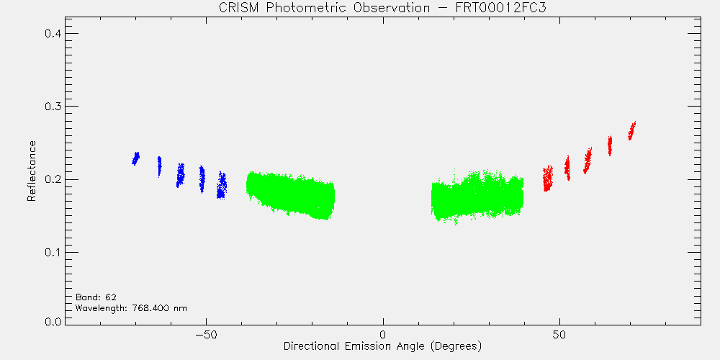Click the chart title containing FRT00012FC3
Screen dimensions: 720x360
(x=382, y=8)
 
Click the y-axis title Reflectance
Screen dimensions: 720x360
(x=31, y=171)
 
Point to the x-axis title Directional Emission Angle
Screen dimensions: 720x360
(x=382, y=346)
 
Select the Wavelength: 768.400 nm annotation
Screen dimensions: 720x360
(x=131, y=307)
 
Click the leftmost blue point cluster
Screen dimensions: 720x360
(x=135, y=158)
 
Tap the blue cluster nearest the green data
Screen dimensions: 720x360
(x=222, y=185)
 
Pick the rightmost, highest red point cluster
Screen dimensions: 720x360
(x=632, y=131)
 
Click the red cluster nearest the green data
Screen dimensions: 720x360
(x=547, y=179)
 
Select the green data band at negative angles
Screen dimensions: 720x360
(x=290, y=195)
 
